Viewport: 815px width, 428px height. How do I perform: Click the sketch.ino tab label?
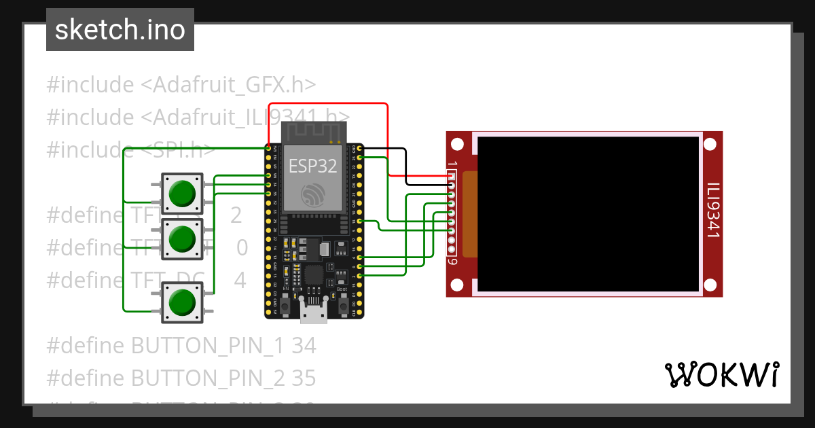[120, 30]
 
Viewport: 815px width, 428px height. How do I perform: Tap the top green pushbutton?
[181, 193]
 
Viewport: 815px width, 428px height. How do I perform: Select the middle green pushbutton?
[181, 238]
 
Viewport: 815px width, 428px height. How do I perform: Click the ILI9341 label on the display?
[712, 210]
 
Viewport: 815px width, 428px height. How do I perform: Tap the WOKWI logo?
[721, 374]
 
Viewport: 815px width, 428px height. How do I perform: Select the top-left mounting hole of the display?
[458, 144]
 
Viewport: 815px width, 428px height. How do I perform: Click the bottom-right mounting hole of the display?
[710, 284]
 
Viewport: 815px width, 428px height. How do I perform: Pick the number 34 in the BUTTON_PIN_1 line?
[304, 346]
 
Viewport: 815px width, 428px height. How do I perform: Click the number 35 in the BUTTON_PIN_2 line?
[304, 377]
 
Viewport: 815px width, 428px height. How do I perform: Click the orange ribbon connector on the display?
[470, 214]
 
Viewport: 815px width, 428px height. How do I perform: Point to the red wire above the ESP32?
[328, 104]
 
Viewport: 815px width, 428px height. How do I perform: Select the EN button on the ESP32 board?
[286, 308]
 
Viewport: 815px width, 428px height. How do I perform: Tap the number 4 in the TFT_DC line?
[240, 280]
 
